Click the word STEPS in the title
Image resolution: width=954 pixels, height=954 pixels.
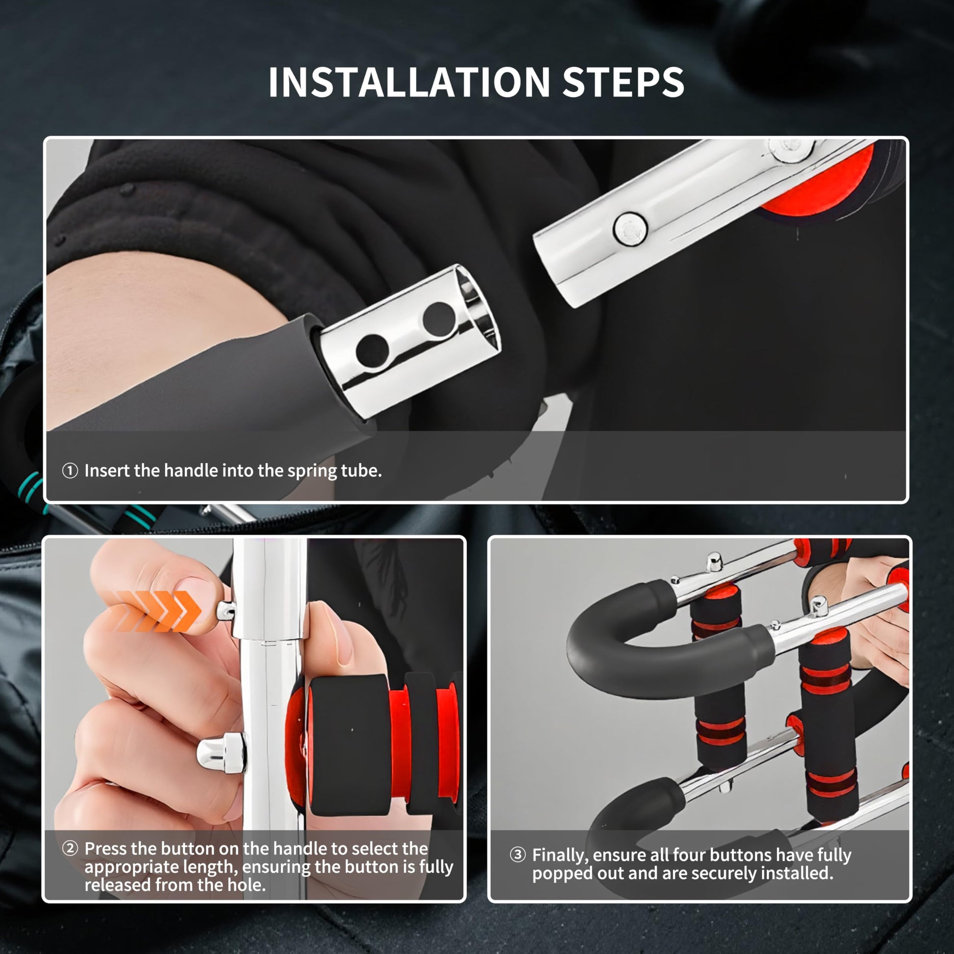(x=623, y=82)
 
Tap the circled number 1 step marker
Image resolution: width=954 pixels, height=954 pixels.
(x=70, y=471)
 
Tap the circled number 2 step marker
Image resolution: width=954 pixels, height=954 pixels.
(x=70, y=849)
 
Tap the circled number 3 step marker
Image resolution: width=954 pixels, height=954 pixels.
(x=517, y=855)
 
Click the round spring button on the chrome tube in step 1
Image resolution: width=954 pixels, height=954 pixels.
(x=630, y=229)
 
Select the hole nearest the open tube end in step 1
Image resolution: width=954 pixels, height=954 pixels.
(x=439, y=319)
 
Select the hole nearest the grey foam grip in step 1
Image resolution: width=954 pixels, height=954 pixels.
(x=372, y=351)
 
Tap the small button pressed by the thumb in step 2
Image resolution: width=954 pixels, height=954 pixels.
(x=226, y=611)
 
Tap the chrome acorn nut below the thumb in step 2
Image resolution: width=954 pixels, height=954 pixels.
(x=221, y=753)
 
